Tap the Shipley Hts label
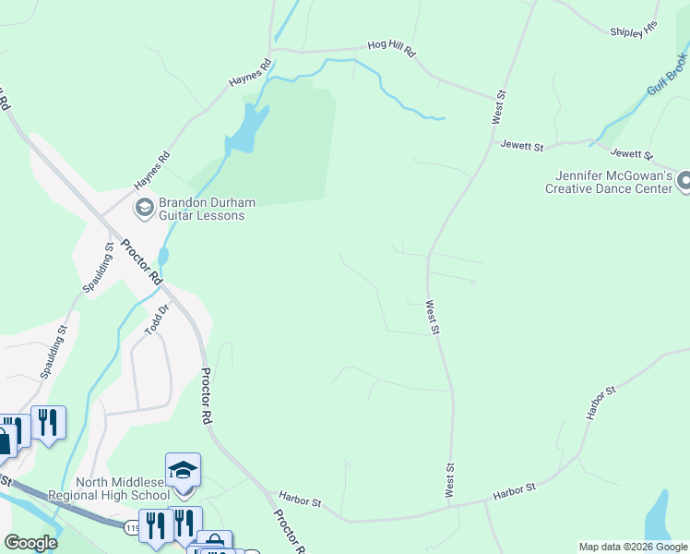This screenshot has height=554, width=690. click(x=633, y=31)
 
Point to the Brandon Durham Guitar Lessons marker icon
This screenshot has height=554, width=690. click(x=144, y=207)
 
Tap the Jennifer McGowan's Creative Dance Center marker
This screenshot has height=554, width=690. click(x=684, y=181)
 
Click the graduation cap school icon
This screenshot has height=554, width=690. click(x=183, y=470)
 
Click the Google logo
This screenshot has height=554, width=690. click(x=31, y=543)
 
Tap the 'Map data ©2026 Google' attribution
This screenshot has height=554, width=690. click(x=633, y=547)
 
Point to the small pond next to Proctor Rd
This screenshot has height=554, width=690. click(x=163, y=256)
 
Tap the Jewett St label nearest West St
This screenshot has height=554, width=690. click(x=522, y=145)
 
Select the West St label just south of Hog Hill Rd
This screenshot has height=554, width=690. click(x=499, y=106)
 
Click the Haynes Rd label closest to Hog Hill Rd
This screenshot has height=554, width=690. click(x=250, y=75)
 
